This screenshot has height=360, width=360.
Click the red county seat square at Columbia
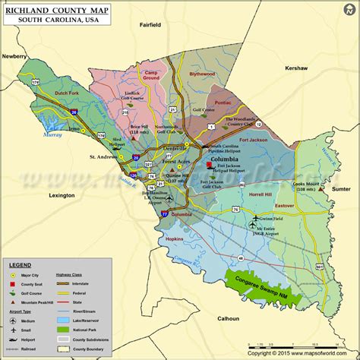click(210, 165)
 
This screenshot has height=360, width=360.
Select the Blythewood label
click(202, 74)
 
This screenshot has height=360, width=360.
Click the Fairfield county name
click(150, 25)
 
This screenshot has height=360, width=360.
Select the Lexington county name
click(62, 195)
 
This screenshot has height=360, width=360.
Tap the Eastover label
click(284, 205)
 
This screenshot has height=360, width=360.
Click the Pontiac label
click(223, 102)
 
